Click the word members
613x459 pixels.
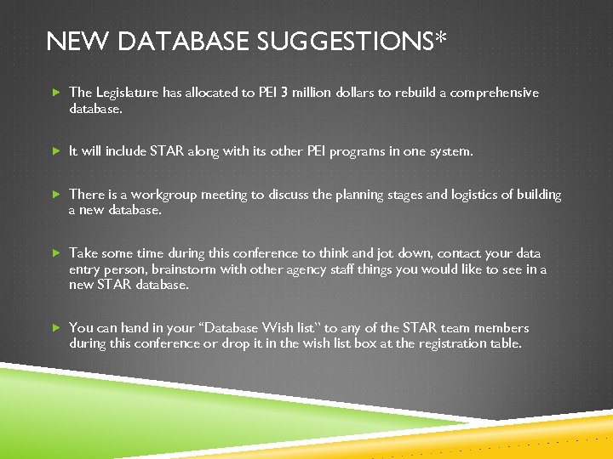click(499, 328)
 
